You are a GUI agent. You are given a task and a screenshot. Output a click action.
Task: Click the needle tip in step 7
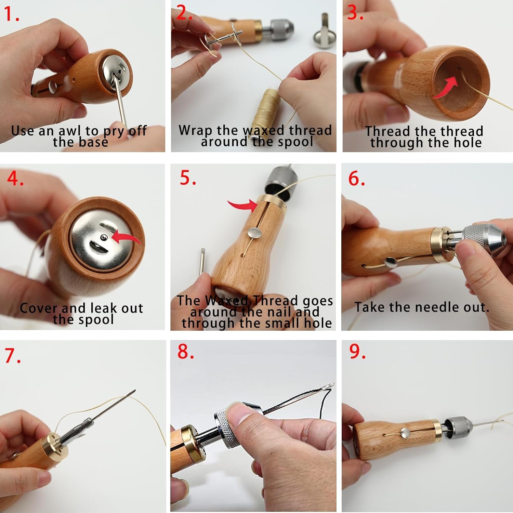tap(134, 391)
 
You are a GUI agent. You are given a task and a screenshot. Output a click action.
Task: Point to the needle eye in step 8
tap(329, 386)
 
